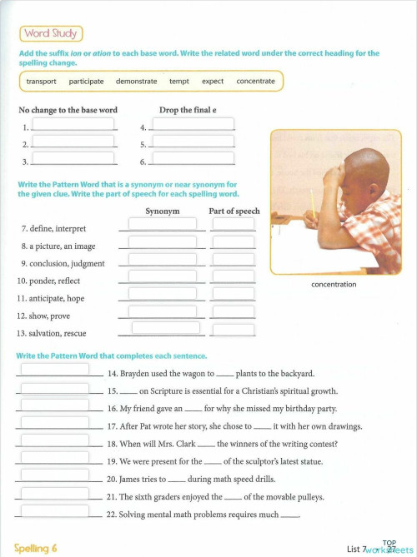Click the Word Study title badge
(51, 33)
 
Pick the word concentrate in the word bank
(255, 82)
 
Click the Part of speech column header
(234, 211)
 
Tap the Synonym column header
(163, 211)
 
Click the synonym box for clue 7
(162, 225)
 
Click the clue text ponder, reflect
(49, 281)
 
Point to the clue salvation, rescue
(52, 333)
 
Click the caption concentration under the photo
(334, 284)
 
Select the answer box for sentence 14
(54, 370)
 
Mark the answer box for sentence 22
(54, 510)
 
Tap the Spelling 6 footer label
(36, 548)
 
